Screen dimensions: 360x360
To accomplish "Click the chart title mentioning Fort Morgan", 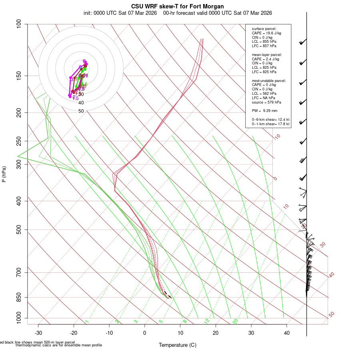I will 178,6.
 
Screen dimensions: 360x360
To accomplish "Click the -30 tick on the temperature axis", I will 38,333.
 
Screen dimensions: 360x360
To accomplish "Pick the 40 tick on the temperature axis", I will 287,333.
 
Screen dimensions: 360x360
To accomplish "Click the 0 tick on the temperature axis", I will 145,333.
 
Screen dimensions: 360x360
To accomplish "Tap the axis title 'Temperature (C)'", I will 178,345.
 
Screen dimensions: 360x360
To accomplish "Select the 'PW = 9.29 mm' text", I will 264,110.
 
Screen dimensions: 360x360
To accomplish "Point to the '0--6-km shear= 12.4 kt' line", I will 270,120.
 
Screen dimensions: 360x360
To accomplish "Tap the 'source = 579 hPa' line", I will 267,102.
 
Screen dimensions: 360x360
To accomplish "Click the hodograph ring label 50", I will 81,111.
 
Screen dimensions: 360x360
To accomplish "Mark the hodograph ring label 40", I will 81,103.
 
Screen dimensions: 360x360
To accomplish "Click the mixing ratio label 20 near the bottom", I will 235,321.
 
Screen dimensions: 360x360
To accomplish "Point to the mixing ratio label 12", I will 207,321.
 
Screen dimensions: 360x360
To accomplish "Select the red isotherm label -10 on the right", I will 276,137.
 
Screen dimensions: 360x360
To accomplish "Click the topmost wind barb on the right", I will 303,42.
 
